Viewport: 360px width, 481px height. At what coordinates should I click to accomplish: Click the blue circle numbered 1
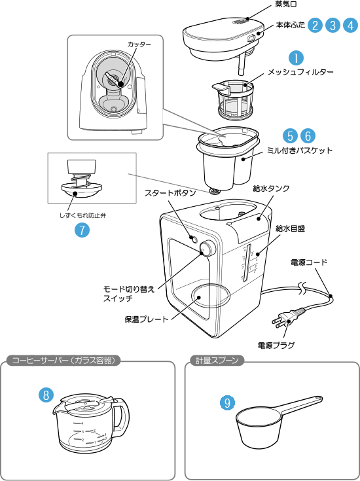[296, 58]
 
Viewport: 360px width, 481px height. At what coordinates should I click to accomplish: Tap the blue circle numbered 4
[350, 25]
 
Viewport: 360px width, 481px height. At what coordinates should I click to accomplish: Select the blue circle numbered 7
[82, 230]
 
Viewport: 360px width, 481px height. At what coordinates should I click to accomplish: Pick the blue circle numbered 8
[46, 395]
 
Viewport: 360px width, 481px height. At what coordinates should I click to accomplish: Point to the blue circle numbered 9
[227, 402]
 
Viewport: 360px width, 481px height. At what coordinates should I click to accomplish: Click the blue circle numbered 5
[290, 135]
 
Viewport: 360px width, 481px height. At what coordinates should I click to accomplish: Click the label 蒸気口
[286, 5]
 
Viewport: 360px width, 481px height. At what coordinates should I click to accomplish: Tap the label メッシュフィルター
[300, 73]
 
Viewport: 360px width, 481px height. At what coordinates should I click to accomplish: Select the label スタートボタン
[170, 192]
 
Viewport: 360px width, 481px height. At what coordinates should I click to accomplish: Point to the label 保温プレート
[147, 319]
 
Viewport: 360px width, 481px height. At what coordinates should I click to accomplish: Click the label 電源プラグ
[276, 345]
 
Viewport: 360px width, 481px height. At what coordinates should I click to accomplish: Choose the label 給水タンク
[271, 188]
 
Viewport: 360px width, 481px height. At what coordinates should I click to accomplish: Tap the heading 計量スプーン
[217, 361]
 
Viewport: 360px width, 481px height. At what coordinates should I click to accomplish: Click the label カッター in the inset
[139, 45]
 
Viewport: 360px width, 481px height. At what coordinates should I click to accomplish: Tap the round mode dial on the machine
[207, 249]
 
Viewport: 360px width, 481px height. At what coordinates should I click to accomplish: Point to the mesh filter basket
[235, 99]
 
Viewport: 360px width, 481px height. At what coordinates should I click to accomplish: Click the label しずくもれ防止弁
[82, 216]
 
